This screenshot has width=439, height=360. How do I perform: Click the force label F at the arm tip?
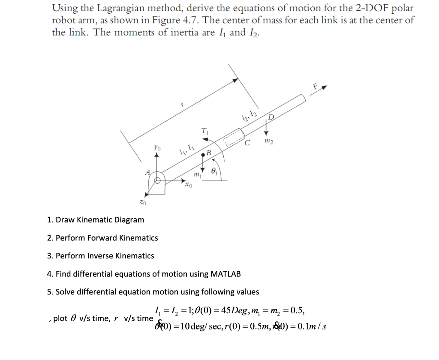tap(316, 86)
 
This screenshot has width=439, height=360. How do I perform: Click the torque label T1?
tap(205, 132)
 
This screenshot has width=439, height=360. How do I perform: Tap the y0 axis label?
tap(157, 147)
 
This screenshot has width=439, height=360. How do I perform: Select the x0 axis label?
tap(188, 186)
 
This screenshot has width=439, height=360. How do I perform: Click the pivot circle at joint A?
tap(158, 180)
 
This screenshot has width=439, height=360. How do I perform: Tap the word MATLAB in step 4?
tap(226, 274)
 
